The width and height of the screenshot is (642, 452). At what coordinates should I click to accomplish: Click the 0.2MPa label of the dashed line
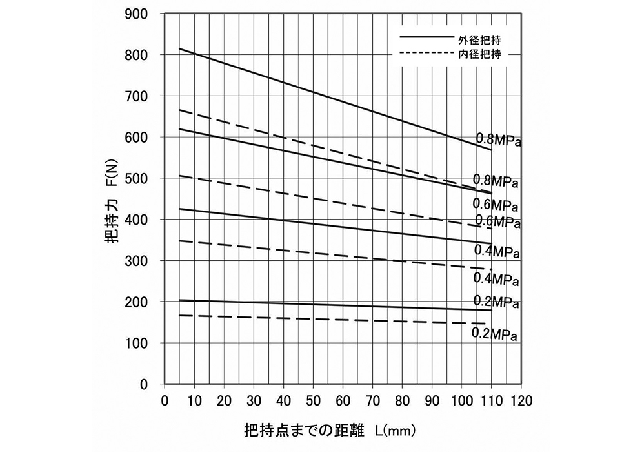tap(495, 334)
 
